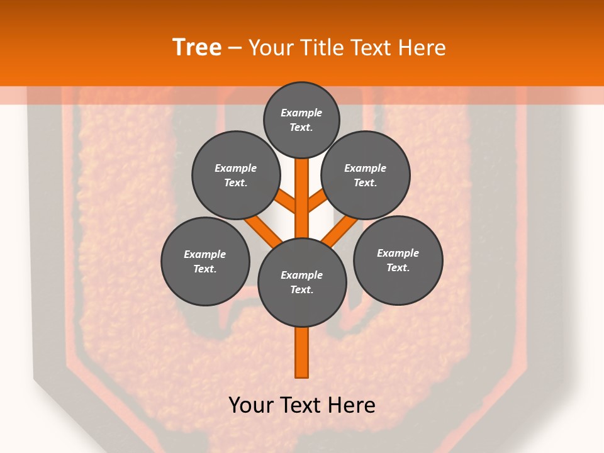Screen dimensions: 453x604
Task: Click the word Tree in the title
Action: [x=197, y=48]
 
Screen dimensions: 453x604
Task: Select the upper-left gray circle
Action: [x=235, y=176]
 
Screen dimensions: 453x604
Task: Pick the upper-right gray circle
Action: [x=366, y=176]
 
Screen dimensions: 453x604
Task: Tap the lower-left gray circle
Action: [x=205, y=261]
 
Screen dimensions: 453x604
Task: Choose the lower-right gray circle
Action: [x=398, y=260]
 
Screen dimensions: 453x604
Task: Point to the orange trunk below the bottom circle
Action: [x=302, y=352]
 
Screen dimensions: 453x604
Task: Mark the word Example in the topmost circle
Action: [x=301, y=113]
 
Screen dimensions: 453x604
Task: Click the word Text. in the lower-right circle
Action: [x=398, y=267]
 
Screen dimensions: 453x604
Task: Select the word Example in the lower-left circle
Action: [x=204, y=254]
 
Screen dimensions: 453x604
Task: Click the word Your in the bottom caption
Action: [x=251, y=405]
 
